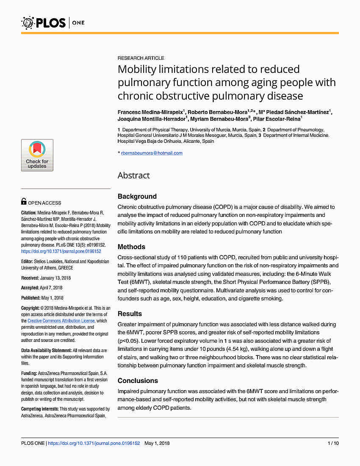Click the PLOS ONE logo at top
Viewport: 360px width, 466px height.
[53, 22]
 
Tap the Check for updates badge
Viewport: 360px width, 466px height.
[37, 155]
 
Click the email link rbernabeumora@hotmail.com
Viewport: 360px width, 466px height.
[152, 153]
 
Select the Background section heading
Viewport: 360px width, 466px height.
[137, 196]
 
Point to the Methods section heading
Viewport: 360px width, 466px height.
[131, 247]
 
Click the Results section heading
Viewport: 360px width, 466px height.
[130, 313]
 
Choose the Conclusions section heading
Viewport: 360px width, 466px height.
[138, 380]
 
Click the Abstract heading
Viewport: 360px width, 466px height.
[134, 175]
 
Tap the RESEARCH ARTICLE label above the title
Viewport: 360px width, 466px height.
[141, 58]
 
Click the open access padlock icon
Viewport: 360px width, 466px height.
[24, 202]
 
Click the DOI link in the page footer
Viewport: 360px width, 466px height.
[94, 443]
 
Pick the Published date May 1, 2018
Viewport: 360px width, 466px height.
[53, 298]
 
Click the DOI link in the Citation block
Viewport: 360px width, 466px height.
[61, 251]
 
